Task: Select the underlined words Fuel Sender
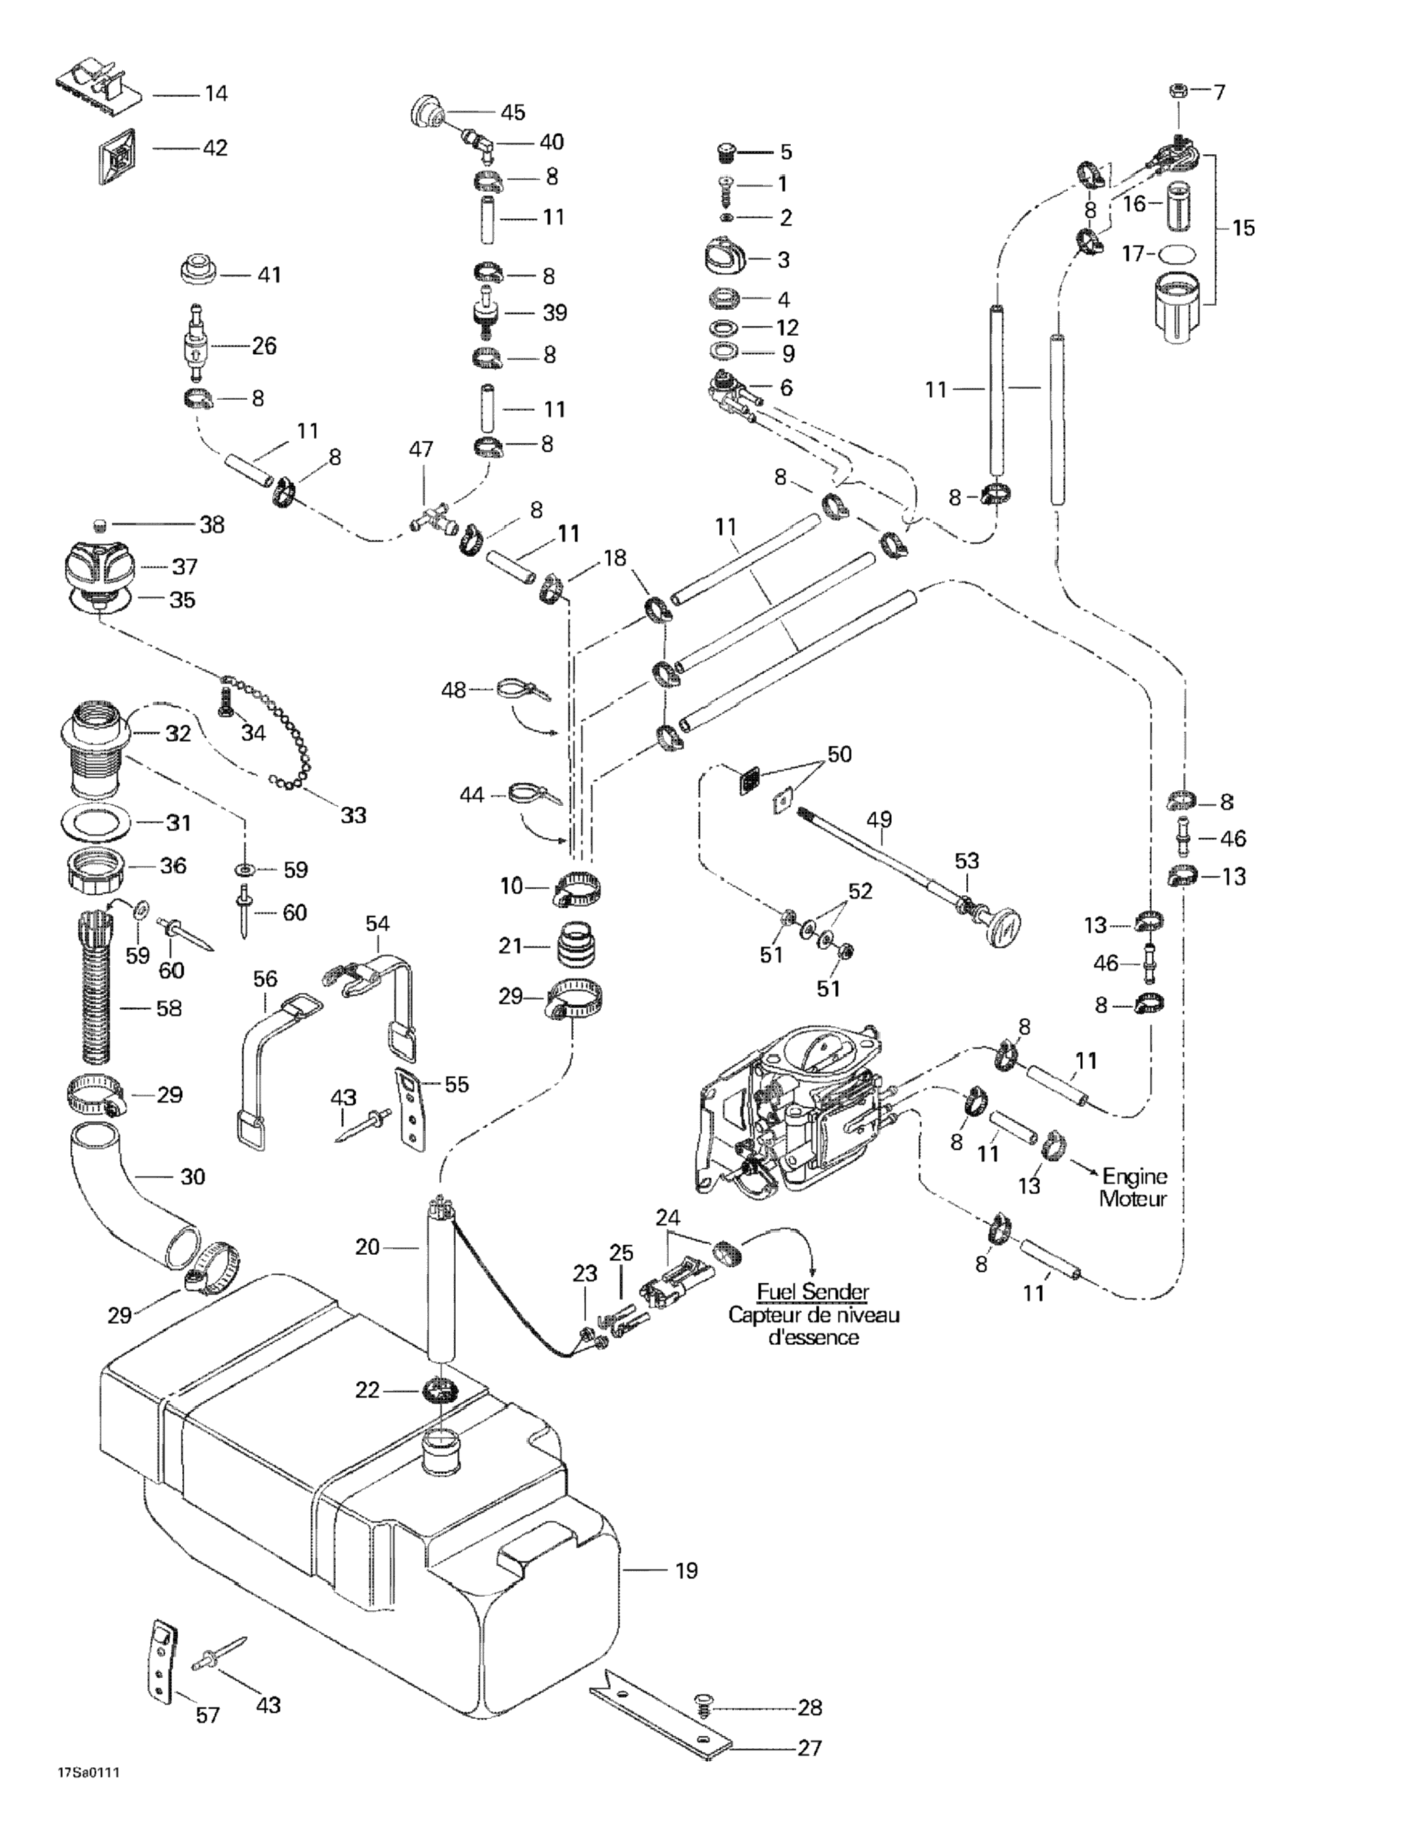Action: pos(812,1292)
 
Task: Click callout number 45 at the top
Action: pos(512,112)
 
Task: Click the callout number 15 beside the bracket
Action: pos(1243,228)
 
